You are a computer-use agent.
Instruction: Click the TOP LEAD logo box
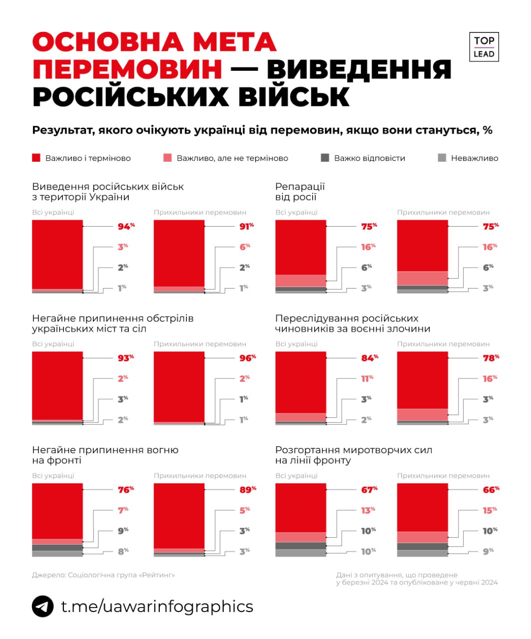(484, 47)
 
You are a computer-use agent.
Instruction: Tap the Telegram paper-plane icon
(43, 607)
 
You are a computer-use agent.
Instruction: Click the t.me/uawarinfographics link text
(157, 606)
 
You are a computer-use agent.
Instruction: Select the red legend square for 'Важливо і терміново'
(36, 158)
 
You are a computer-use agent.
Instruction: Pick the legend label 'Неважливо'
(474, 158)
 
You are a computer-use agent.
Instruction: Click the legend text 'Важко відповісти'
(369, 158)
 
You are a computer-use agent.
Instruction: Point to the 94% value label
(126, 227)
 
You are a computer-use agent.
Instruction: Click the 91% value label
(246, 227)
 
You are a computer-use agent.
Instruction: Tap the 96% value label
(247, 358)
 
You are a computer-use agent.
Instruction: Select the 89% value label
(247, 490)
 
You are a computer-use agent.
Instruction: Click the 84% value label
(369, 358)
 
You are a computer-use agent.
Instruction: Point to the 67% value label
(369, 490)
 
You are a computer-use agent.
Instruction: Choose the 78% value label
(491, 358)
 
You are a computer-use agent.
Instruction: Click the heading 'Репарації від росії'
(300, 192)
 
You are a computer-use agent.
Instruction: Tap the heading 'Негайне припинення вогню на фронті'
(105, 455)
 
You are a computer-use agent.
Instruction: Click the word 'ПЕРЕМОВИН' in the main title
(127, 69)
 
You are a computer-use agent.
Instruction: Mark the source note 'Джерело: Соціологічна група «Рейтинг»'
(103, 575)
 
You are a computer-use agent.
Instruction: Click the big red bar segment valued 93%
(57, 385)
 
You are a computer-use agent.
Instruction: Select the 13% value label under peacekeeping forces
(368, 510)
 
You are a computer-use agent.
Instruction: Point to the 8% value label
(123, 552)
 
